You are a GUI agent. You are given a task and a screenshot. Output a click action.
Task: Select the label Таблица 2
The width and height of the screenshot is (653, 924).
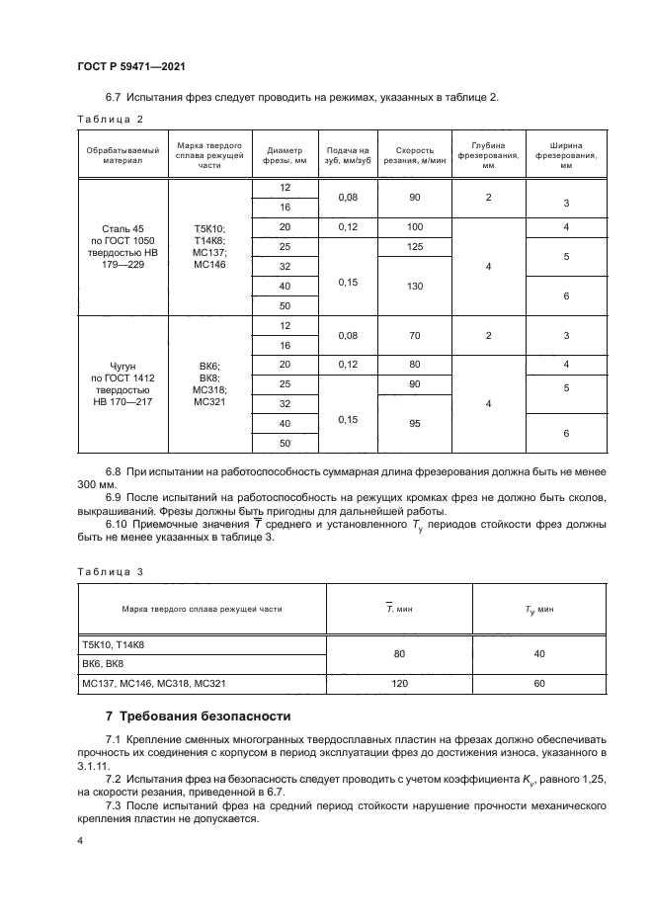point(110,119)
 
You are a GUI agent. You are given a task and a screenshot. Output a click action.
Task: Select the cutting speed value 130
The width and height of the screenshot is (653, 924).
point(414,286)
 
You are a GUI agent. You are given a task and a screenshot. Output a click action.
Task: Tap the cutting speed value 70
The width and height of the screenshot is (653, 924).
point(414,335)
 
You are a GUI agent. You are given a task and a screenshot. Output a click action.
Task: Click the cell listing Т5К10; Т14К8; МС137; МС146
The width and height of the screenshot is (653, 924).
point(209,247)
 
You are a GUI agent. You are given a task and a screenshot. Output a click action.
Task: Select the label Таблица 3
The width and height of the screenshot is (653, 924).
point(110,571)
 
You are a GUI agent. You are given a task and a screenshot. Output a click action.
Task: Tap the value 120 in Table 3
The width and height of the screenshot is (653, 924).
point(399,683)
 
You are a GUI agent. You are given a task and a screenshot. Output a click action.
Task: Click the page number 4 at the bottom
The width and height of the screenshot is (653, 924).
point(80,840)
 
